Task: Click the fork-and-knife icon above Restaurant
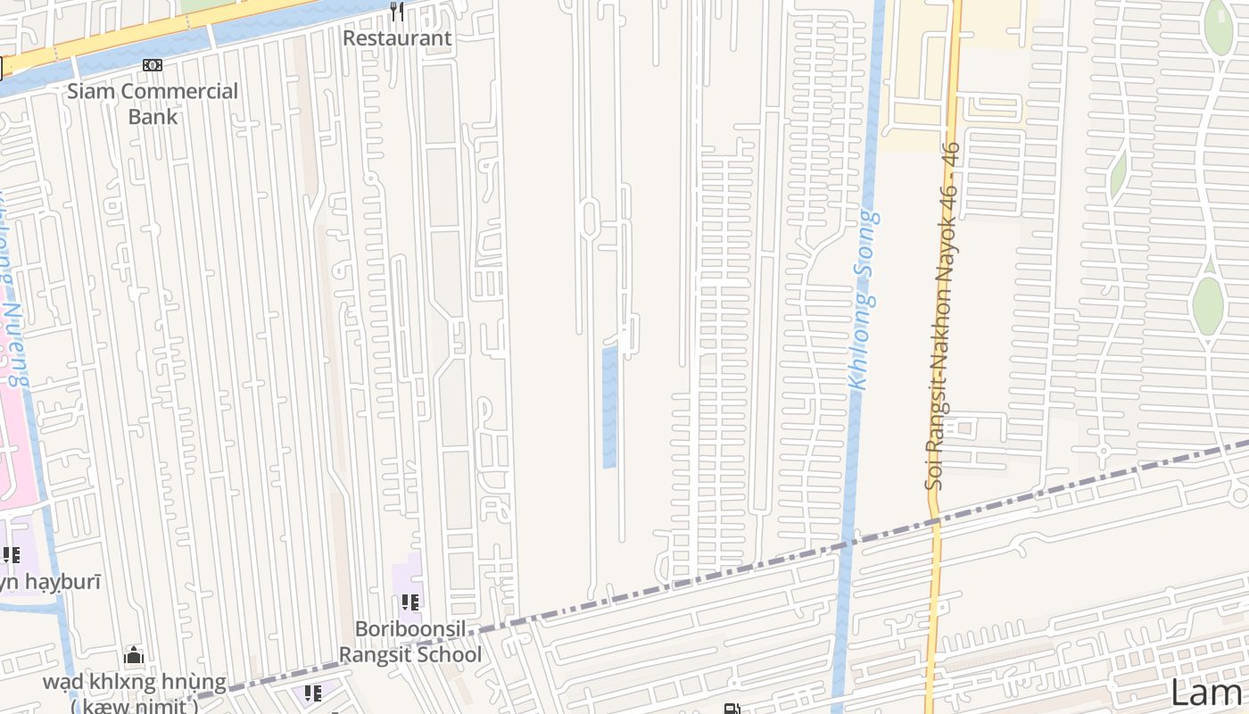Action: (x=397, y=12)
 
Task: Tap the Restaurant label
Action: (x=397, y=38)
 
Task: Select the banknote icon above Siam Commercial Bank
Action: (x=153, y=65)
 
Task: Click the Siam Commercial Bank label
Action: (x=153, y=103)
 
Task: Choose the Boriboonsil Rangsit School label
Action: (x=410, y=642)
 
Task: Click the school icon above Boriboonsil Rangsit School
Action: (x=410, y=602)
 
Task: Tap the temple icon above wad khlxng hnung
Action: (x=134, y=656)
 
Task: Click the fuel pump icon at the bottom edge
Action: (x=732, y=710)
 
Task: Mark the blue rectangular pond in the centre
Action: (x=609, y=407)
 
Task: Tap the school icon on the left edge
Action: (x=11, y=555)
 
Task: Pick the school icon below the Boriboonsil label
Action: (x=312, y=693)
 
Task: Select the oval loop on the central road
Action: (x=590, y=219)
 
